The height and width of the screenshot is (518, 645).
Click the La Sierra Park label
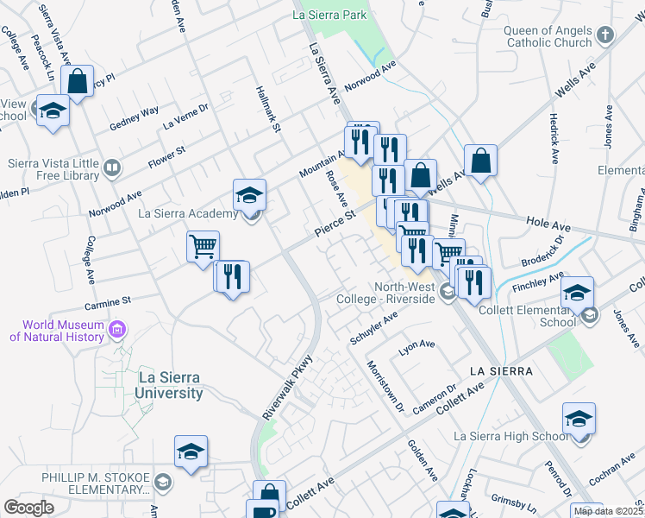(330, 15)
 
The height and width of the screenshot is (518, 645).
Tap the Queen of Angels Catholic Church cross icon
(605, 35)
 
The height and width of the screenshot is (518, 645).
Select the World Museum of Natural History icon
(119, 329)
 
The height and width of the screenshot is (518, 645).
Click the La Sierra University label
(170, 385)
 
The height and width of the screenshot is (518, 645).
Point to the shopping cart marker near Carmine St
(204, 246)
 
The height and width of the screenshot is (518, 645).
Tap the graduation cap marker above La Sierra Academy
(250, 194)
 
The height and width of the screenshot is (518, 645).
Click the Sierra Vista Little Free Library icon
(111, 167)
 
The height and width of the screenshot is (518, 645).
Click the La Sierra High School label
(511, 436)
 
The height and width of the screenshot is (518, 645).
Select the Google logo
(28, 508)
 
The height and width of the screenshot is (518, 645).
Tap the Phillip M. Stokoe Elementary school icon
(164, 482)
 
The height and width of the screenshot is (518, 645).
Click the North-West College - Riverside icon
(447, 292)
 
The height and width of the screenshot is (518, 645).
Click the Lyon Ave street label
(417, 349)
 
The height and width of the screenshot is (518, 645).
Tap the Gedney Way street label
(135, 119)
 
